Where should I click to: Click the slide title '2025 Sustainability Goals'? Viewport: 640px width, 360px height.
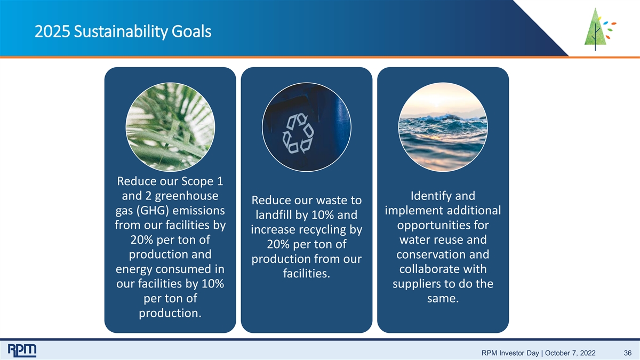point(123,31)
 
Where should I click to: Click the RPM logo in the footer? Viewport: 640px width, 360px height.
point(22,350)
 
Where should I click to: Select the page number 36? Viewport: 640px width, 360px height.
point(627,353)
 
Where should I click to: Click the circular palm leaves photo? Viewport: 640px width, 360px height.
point(170,127)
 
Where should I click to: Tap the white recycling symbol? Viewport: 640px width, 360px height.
point(298,133)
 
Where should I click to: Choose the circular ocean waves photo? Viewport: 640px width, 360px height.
point(443,127)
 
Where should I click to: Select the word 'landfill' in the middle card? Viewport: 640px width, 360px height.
point(274,215)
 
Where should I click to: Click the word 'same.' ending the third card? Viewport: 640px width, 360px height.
point(443,299)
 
